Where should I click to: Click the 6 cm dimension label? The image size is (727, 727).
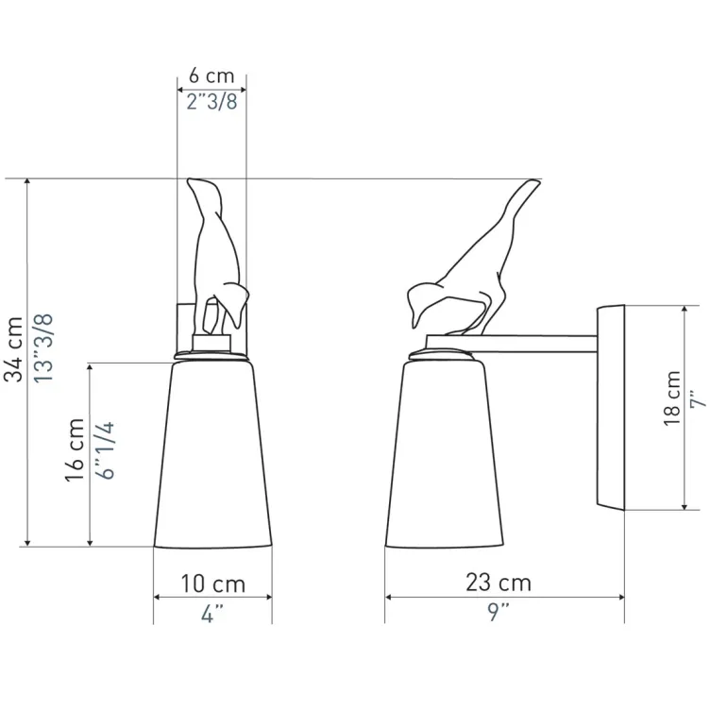coord(211,76)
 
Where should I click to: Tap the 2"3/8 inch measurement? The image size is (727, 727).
coord(211,101)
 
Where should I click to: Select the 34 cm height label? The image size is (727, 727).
coord(13,349)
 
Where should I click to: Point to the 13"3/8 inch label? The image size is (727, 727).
coord(44,348)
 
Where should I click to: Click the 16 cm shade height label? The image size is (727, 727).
coord(75,450)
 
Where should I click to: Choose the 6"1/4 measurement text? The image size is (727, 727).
coord(105,450)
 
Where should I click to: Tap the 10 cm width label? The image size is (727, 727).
coord(212,583)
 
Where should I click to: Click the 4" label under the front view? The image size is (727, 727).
coord(212,614)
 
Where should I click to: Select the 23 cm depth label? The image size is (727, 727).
coord(499,583)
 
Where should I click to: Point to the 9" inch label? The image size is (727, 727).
coord(499,612)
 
